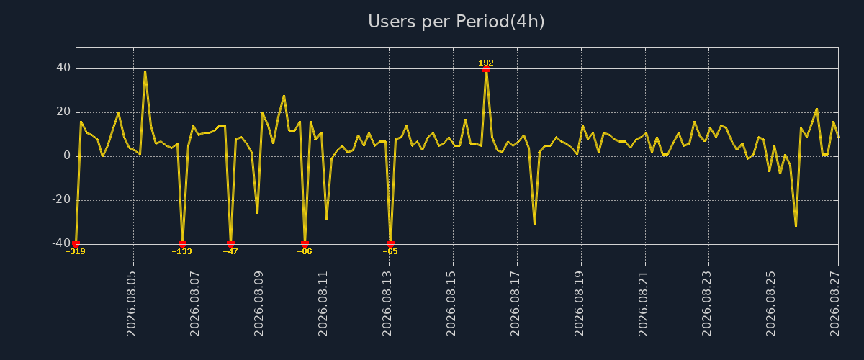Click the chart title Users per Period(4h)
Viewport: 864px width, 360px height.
456,22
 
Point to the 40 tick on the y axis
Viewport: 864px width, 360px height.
63,68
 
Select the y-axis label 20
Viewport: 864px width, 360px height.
63,112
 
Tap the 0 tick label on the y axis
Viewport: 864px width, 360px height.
67,156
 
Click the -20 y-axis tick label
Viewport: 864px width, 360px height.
62,200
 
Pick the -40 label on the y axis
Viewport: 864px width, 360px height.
62,243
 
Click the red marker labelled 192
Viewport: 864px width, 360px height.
486,69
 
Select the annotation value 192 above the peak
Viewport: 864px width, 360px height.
486,63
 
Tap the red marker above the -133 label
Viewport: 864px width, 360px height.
182,244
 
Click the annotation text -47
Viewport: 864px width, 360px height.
230,251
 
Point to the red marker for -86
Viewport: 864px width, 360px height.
305,244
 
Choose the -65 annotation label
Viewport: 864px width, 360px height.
390,251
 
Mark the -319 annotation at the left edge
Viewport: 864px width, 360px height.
75,251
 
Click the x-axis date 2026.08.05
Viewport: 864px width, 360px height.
131,304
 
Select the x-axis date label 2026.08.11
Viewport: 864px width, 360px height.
323,304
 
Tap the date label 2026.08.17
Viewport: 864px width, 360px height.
515,304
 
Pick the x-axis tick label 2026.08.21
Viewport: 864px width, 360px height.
642,304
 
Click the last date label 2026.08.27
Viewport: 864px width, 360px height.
834,304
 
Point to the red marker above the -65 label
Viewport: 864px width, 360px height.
390,244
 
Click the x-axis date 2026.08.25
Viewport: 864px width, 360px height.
770,304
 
